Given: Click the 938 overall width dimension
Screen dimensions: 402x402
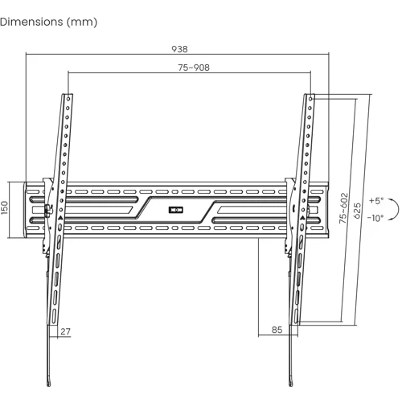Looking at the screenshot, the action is click(x=179, y=49).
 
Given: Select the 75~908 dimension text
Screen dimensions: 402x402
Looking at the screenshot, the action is click(x=194, y=68).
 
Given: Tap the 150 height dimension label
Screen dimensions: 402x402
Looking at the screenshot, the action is click(x=5, y=207).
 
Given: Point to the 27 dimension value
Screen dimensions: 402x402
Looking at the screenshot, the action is click(x=65, y=331).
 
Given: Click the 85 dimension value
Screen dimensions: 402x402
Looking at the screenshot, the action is click(x=277, y=330).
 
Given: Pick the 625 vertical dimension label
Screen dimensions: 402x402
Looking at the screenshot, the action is click(x=357, y=211).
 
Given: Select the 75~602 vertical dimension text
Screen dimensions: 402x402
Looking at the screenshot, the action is click(x=343, y=208).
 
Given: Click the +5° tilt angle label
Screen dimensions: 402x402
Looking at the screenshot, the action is click(x=376, y=200).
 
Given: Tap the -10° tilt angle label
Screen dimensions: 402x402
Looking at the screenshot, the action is click(x=375, y=218).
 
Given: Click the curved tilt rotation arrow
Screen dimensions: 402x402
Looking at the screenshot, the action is click(x=398, y=209).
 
